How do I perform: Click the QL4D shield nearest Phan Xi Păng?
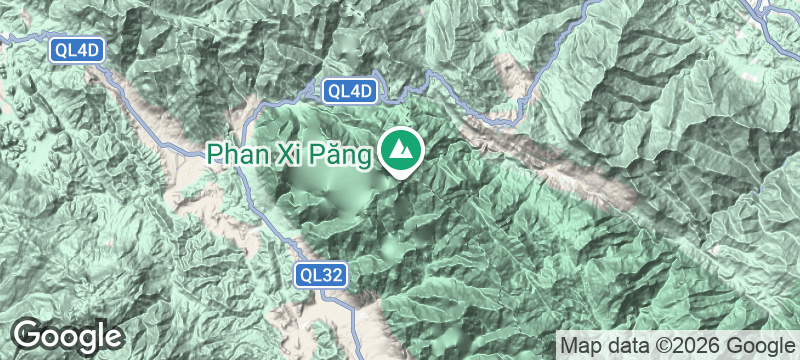point(350,91)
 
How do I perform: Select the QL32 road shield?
point(321,274)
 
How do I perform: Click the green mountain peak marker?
point(403,151)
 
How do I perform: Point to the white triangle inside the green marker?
point(403,150)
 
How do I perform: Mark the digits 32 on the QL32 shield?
point(332,274)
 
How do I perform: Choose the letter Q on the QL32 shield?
point(306,274)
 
